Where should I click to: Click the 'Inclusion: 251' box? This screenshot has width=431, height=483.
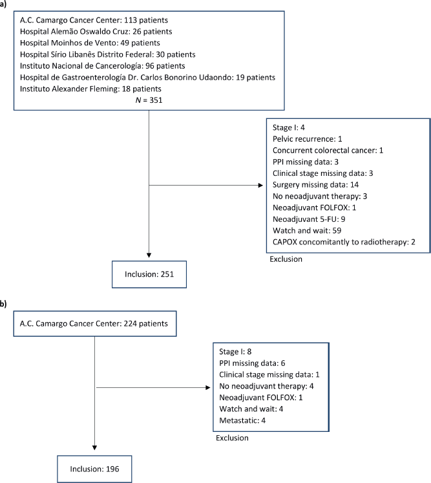149,274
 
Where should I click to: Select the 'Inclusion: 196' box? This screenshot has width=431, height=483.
94,469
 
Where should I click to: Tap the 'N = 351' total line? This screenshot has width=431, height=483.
149,100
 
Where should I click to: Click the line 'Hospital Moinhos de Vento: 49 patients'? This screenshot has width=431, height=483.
90,43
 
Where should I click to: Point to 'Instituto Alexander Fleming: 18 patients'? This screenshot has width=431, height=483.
90,89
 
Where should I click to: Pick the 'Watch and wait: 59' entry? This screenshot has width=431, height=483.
307,230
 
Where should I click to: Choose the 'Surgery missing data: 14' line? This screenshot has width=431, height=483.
315,184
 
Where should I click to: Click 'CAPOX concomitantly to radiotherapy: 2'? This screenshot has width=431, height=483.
344,242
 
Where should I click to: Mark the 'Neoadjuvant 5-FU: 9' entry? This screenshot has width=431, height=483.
309,219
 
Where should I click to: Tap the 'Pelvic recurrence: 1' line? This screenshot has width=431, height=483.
307,139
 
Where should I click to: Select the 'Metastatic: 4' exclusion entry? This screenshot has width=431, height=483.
242,420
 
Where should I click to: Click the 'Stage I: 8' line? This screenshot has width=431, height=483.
235,352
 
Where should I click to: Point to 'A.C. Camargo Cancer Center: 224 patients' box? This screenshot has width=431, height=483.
95,323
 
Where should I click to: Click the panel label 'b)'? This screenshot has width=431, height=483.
3,305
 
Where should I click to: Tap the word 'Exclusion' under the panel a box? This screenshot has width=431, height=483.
286,259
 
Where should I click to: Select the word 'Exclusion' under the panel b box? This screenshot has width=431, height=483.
232,438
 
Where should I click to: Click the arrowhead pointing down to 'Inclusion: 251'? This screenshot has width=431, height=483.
149,255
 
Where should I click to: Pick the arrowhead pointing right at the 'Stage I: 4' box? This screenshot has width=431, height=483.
260,185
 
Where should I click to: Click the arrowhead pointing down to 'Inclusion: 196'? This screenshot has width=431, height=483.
94,447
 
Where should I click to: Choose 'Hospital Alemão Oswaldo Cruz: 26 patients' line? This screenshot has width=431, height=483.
96,32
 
